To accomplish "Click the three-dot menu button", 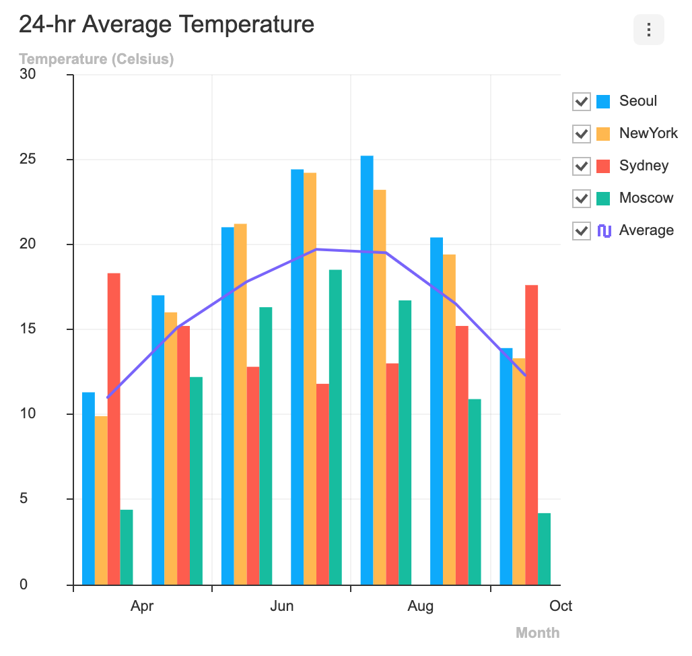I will coord(648,30).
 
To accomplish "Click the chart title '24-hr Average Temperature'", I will coord(166,24).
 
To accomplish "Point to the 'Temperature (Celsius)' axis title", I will coord(96,59).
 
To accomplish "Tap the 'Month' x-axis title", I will coord(537,632).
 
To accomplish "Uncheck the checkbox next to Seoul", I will coord(582,102).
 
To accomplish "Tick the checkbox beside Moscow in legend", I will coord(582,199).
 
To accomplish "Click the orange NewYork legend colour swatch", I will coord(603,134).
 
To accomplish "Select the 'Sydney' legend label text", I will coord(644,166).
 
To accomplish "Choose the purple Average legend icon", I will coord(604,231).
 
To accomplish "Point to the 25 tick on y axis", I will coord(28,160).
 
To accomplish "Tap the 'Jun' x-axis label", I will coord(281,606).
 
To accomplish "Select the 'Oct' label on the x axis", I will coord(561,606).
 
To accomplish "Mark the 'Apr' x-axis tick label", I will coord(142,606).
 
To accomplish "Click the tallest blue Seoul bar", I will coord(367,370).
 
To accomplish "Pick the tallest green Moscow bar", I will coord(335,427).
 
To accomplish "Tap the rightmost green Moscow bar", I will coord(544,548).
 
